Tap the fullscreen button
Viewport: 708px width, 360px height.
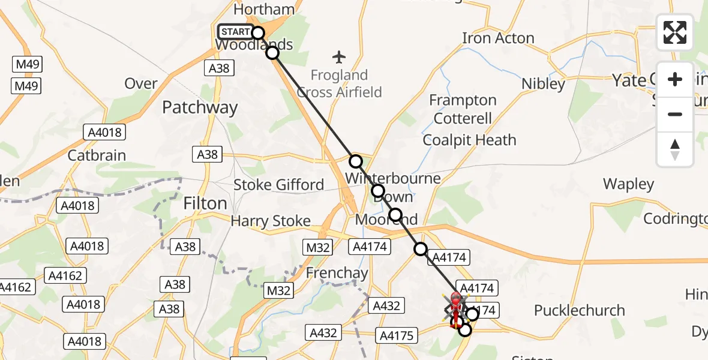pos(675,32)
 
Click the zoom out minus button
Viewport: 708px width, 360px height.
pos(675,114)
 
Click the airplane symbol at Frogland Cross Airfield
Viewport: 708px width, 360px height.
pos(340,58)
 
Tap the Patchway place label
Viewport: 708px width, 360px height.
pos(200,108)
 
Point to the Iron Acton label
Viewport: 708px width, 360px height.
pos(498,38)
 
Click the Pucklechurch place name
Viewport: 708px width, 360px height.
pos(579,311)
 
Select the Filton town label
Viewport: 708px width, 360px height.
pos(205,203)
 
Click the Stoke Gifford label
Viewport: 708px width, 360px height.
pos(278,185)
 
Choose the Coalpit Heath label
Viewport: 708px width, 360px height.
pos(469,140)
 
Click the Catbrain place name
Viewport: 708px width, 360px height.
pos(97,155)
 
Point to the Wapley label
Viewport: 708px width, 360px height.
pos(628,184)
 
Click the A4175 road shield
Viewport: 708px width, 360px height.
pos(397,335)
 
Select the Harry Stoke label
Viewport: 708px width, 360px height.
pos(271,221)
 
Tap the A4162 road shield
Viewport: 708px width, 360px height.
pos(67,276)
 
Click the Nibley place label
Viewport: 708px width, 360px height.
pos(543,84)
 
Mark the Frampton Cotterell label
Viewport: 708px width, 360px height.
pos(463,109)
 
